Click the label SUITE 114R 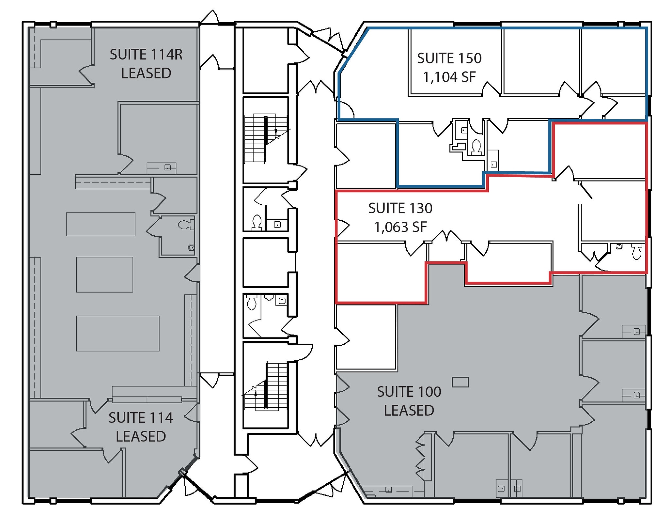click(146, 55)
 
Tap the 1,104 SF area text click(449, 77)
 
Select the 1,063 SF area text click(400, 227)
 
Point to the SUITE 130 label click(400, 208)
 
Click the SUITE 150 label click(449, 58)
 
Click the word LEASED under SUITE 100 click(409, 410)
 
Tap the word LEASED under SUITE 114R click(146, 73)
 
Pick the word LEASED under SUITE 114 click(141, 437)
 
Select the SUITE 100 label click(409, 392)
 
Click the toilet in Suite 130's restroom click(637, 251)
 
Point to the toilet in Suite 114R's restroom click(186, 225)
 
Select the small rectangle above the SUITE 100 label click(460, 382)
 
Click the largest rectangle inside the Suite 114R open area click(118, 333)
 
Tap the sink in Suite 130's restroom click(619, 246)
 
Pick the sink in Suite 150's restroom click(464, 130)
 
